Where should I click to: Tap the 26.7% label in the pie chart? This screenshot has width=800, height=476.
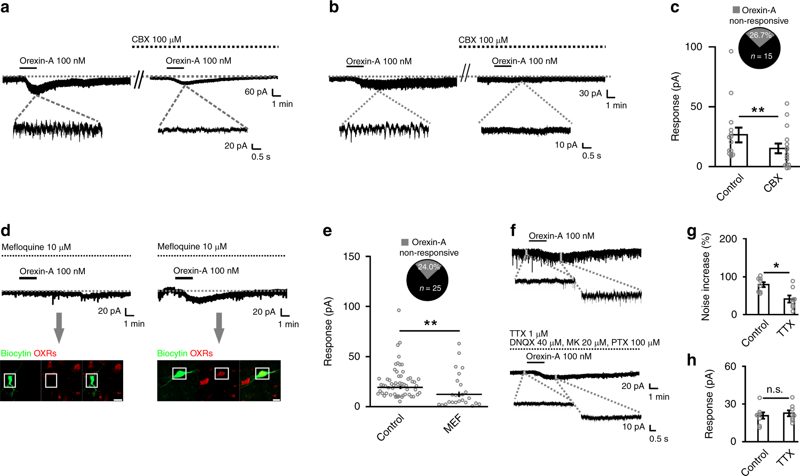tap(760, 35)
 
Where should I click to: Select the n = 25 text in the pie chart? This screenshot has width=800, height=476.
tap(430, 288)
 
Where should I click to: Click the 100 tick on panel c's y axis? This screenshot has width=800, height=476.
tap(693, 47)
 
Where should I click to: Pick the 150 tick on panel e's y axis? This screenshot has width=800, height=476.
tap(352, 257)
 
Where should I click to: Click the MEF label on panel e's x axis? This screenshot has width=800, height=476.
tap(452, 424)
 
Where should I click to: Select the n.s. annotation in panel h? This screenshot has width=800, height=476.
tap(775, 390)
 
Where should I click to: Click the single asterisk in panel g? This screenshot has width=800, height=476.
tap(776, 266)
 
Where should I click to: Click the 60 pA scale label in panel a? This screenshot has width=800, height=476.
tap(256, 92)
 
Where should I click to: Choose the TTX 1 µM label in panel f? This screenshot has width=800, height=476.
tap(528, 333)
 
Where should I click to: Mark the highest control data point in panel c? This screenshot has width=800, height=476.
tap(731, 51)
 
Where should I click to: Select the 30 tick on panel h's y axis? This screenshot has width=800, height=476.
tap(730, 404)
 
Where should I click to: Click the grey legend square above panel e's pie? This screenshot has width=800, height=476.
tap(405, 242)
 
